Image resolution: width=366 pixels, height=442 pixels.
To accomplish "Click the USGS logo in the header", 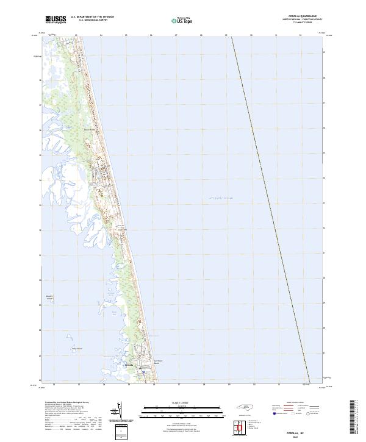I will [x=56, y=20].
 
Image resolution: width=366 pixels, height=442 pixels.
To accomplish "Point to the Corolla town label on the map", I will [x=128, y=365].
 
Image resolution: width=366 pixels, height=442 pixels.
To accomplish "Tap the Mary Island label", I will [x=77, y=349].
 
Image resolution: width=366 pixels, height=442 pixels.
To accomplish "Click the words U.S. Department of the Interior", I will [x=92, y=16].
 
